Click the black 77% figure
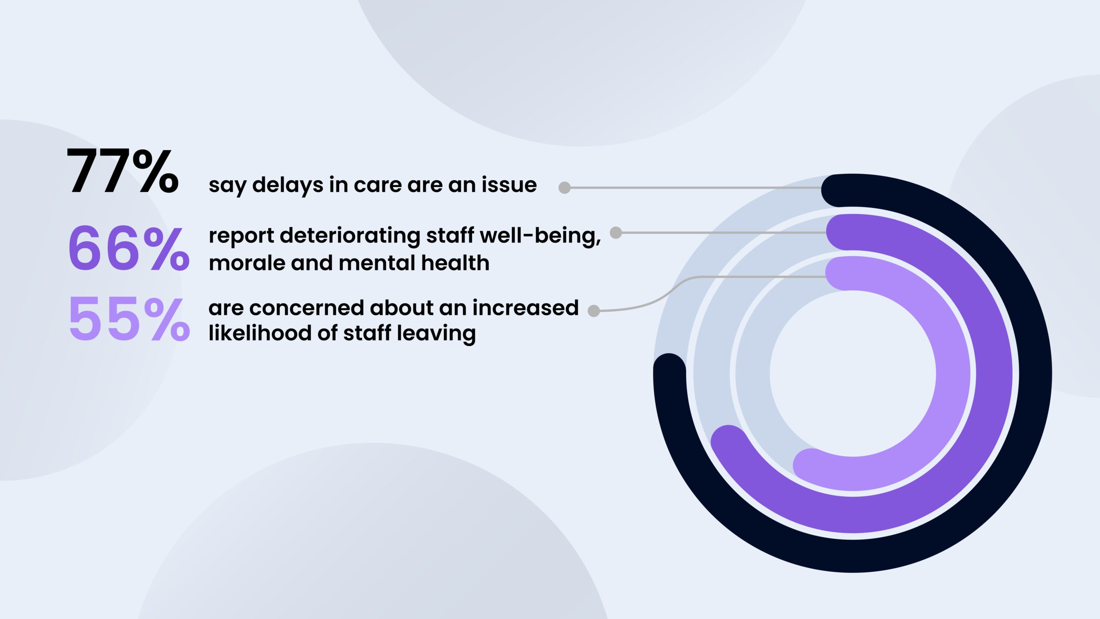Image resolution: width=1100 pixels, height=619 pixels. pyautogui.click(x=122, y=171)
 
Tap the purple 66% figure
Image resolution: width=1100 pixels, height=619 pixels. pyautogui.click(x=128, y=248)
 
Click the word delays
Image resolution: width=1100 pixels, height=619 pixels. pyautogui.click(x=288, y=185)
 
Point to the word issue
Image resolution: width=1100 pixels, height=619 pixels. pyautogui.click(x=509, y=185)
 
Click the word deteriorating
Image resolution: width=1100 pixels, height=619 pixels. pyautogui.click(x=350, y=236)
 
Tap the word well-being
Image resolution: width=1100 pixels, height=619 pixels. pyautogui.click(x=540, y=236)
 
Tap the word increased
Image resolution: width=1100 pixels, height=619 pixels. pyautogui.click(x=526, y=308)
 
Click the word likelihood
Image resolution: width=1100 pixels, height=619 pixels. pyautogui.click(x=260, y=333)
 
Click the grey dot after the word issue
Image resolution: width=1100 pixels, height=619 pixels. pyautogui.click(x=565, y=188)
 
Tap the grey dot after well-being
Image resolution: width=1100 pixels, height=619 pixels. pyautogui.click(x=616, y=233)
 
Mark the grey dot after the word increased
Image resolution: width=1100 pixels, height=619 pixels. pyautogui.click(x=594, y=311)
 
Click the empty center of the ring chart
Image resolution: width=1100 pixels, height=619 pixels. pyautogui.click(x=853, y=373)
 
